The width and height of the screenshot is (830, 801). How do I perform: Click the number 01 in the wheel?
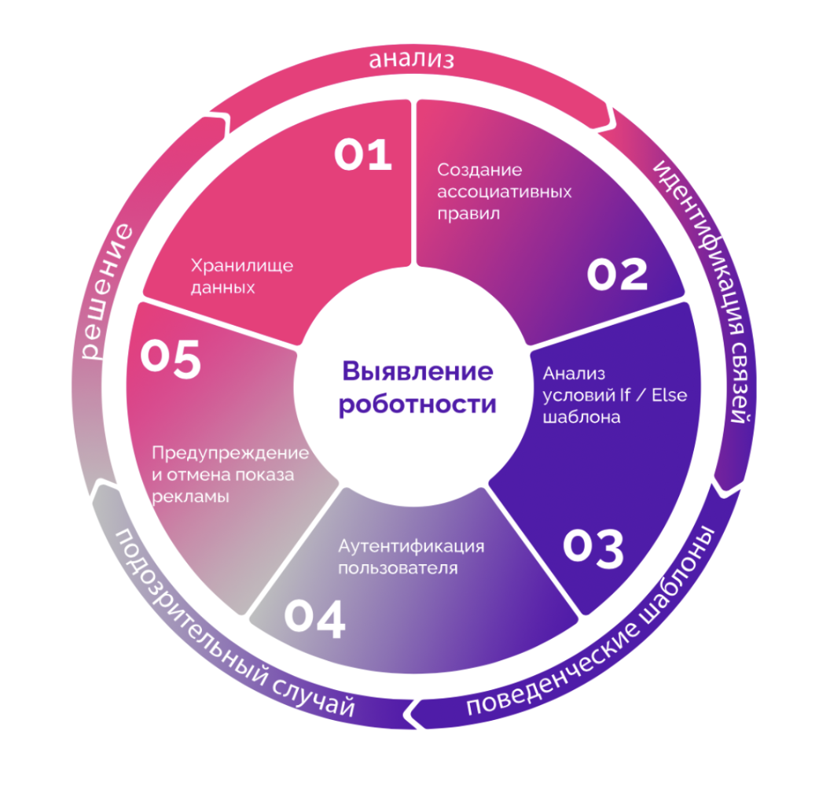tap(362, 154)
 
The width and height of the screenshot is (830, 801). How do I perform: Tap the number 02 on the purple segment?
tap(617, 274)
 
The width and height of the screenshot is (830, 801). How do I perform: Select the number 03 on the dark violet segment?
tap(593, 548)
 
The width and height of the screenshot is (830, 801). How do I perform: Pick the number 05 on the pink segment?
tap(171, 359)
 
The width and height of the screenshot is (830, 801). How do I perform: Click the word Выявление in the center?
tap(417, 371)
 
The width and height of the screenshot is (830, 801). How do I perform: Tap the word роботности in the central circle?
tap(417, 404)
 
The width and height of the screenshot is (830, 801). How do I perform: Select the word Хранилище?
tap(242, 265)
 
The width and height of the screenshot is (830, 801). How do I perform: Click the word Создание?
tap(479, 169)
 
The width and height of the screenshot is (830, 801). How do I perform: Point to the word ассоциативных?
tap(504, 191)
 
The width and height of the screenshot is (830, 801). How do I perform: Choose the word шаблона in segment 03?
tap(581, 417)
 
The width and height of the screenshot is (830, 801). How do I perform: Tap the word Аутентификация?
tap(411, 545)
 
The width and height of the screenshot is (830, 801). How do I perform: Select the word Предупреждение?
tap(230, 453)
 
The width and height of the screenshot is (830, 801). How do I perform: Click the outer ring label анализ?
tap(411, 59)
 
